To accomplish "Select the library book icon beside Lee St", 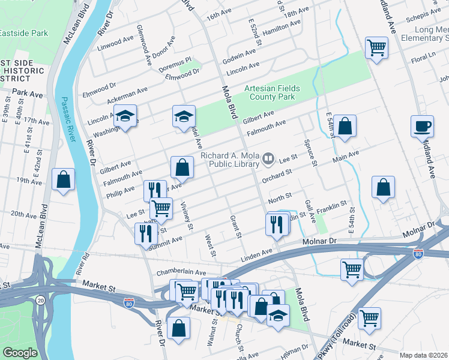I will [268, 160].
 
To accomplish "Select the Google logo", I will [19, 352].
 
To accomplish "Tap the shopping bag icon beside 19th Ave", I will [64, 180].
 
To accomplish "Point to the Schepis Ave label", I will [423, 16].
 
